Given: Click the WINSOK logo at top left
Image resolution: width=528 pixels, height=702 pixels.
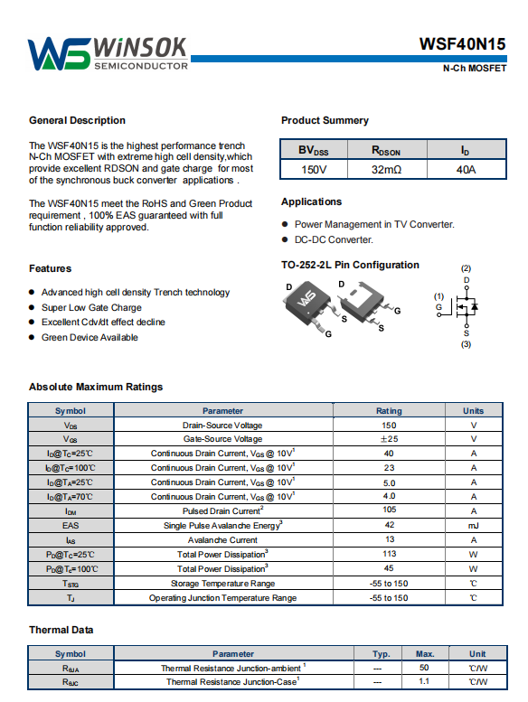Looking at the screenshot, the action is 108,53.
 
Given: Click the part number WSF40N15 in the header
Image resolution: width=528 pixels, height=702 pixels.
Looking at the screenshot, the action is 462,44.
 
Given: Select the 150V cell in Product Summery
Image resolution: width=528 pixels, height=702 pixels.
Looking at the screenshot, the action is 314,170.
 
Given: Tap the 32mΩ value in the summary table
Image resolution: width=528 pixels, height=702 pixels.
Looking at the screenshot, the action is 386,170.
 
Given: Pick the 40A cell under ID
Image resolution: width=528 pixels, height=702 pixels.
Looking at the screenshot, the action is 467,170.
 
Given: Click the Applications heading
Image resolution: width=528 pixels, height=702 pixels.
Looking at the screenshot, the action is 311,201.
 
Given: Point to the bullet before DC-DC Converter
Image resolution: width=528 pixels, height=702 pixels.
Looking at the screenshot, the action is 285,239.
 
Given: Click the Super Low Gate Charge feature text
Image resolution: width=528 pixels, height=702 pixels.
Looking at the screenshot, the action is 91,307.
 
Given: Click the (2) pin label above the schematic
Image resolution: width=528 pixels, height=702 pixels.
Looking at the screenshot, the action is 466,268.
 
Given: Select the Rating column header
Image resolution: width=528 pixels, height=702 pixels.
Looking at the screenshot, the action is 389,410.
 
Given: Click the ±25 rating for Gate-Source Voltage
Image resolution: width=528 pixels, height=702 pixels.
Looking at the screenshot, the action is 389,439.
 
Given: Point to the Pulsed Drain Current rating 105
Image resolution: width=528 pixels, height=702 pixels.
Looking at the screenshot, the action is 389,510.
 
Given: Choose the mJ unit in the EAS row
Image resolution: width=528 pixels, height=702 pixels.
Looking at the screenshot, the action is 474,526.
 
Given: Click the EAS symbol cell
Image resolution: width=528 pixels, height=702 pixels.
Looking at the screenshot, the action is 71,526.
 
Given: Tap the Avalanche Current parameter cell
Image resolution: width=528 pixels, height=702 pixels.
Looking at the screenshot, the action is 223,540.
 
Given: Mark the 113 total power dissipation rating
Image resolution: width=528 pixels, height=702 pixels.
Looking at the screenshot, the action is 389,554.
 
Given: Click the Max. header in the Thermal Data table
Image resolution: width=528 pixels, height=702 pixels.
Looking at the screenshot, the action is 425,653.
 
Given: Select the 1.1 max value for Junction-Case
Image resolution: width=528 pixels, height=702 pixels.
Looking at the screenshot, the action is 424,681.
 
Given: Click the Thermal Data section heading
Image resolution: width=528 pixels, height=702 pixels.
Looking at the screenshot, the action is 61,630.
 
